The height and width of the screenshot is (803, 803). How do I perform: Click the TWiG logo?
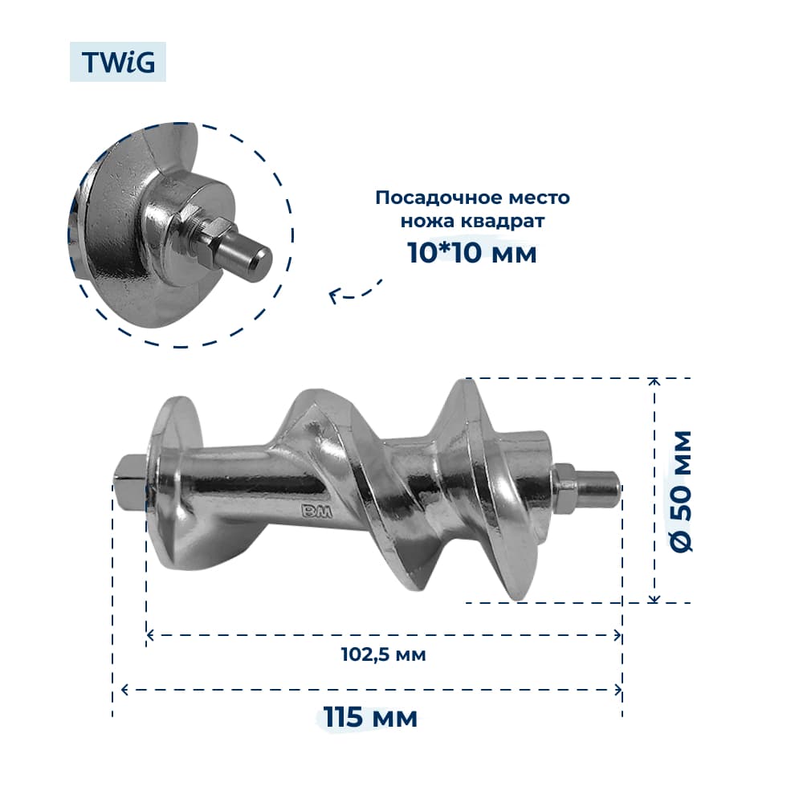(x=118, y=62)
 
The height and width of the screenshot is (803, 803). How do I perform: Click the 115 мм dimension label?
(x=370, y=717)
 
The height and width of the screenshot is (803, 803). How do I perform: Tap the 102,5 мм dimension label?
(x=384, y=654)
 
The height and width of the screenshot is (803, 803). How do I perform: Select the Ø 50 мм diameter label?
(x=681, y=491)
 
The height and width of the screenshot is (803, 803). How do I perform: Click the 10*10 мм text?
(x=471, y=252)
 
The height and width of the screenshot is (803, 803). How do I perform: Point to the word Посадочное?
(x=434, y=198)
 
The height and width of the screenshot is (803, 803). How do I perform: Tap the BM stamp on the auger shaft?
(x=316, y=511)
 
